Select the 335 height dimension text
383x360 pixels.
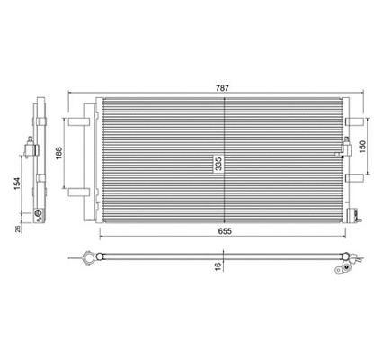217,163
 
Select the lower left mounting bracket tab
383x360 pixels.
79,190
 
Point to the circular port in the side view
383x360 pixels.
39,214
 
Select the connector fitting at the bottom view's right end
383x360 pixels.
347,264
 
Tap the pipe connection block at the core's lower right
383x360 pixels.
356,216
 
